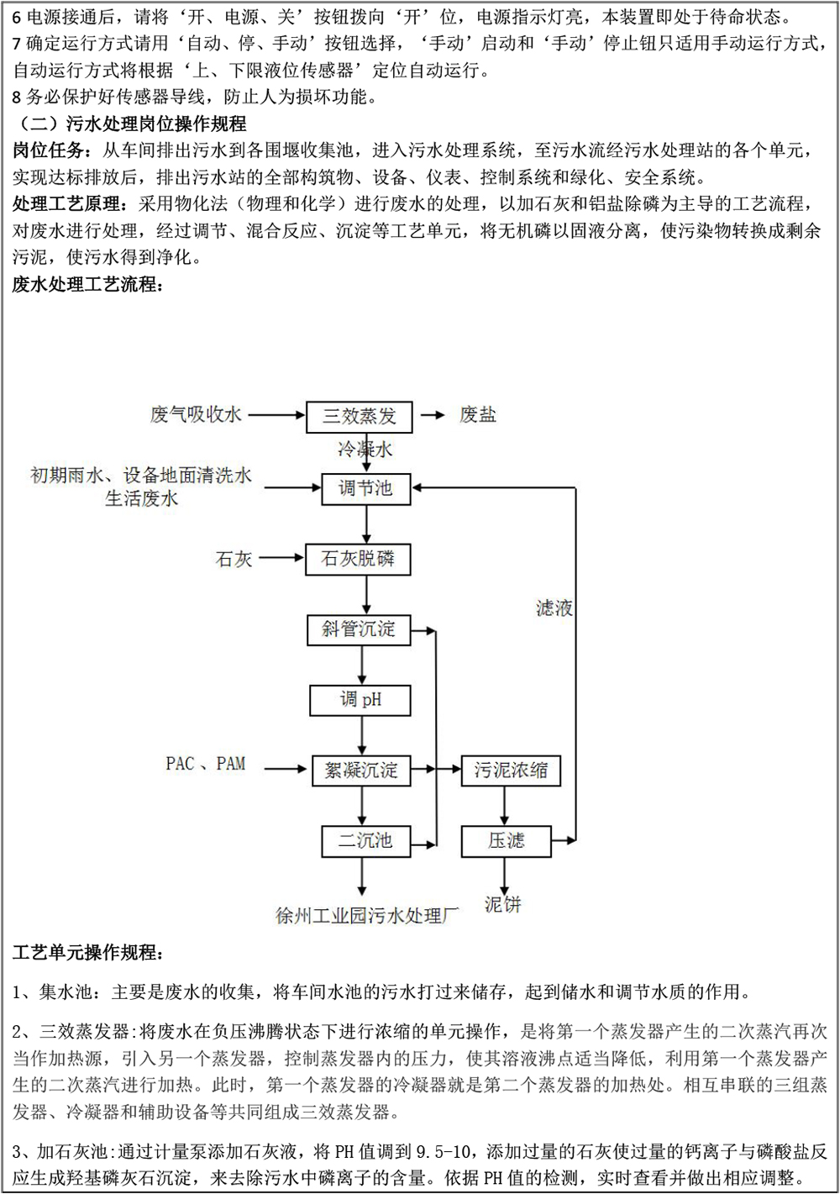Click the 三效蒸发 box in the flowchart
pos(359,416)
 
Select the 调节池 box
pos(365,488)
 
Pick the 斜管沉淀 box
pos(359,629)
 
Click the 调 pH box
pos(360,700)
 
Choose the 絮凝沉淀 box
pos(361,770)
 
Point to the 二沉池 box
pos(365,840)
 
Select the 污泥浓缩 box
pos(511,770)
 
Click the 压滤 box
pos(506,840)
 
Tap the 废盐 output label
pos(478,414)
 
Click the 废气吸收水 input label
pos(196,414)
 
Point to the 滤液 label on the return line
pos(554,608)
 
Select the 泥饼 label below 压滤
pos(503,905)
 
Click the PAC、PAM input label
pos(206,764)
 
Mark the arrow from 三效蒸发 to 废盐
pos(432,415)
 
